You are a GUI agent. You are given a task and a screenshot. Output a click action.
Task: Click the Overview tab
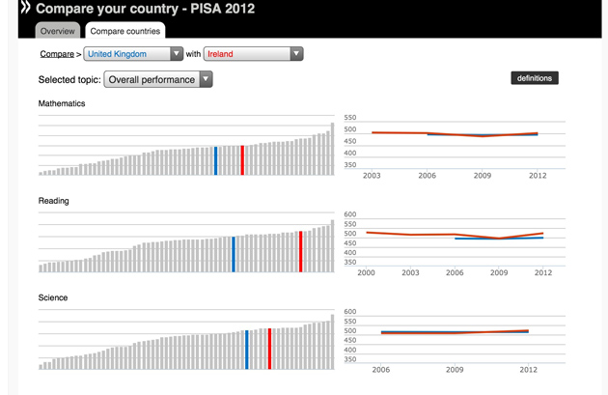click(x=57, y=31)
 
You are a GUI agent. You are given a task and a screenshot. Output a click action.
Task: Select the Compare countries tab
click(x=124, y=31)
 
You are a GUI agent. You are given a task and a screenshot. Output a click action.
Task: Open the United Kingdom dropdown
click(x=133, y=54)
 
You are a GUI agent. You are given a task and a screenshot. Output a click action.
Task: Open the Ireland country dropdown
click(x=253, y=54)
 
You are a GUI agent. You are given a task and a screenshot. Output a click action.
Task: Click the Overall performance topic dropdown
click(x=157, y=79)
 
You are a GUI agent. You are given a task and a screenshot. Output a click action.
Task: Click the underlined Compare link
click(x=56, y=54)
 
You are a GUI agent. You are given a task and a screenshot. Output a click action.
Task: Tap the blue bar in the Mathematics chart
click(x=215, y=160)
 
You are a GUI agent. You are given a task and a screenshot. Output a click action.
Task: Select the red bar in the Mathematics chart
click(x=242, y=160)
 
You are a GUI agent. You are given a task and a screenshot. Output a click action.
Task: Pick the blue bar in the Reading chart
click(x=234, y=254)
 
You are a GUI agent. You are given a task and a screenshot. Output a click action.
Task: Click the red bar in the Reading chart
click(x=301, y=251)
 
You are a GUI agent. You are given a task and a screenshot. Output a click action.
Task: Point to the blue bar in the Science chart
click(x=247, y=350)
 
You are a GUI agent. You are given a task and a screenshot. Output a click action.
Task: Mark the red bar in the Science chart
click(x=269, y=349)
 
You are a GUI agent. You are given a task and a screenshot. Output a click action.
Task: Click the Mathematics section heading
click(x=62, y=103)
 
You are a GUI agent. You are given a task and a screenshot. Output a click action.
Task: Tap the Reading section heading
click(x=54, y=201)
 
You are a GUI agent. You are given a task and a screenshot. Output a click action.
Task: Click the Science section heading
click(x=53, y=297)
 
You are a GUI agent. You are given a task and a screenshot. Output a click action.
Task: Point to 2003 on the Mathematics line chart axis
click(x=372, y=176)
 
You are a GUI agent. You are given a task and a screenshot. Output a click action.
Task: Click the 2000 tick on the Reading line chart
click(x=367, y=273)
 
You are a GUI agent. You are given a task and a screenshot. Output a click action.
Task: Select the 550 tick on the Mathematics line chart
click(x=349, y=118)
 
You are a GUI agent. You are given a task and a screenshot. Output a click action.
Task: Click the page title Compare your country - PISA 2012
click(x=145, y=9)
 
